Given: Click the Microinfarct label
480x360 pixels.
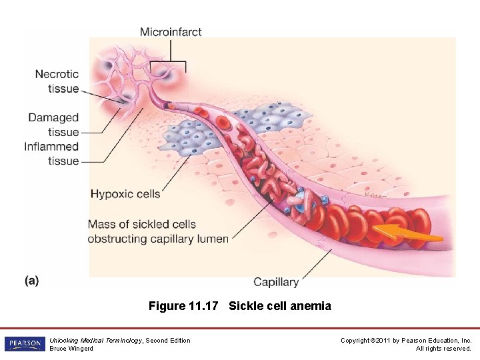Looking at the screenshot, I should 171,31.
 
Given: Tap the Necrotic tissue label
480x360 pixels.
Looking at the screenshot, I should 57,81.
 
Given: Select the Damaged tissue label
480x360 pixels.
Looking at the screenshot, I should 53,125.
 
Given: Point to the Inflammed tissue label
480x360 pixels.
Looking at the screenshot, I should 51,153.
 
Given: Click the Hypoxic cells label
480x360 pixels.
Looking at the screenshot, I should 125,194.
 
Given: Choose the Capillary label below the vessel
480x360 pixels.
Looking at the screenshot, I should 276,282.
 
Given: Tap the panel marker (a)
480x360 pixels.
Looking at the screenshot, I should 31,281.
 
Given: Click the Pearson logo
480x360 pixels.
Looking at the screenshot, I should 24,344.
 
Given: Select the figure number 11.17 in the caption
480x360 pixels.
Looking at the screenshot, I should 204,306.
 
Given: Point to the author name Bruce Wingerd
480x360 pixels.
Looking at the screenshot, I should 71,349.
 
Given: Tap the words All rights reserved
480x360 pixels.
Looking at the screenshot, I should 443,349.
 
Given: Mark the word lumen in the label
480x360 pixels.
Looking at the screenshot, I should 214,239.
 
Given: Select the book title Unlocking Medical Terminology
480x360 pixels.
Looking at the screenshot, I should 96,341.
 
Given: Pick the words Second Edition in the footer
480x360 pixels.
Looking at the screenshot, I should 168,341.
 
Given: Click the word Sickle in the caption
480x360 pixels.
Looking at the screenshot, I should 245,306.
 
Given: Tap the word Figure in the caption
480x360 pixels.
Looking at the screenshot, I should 167,306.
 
